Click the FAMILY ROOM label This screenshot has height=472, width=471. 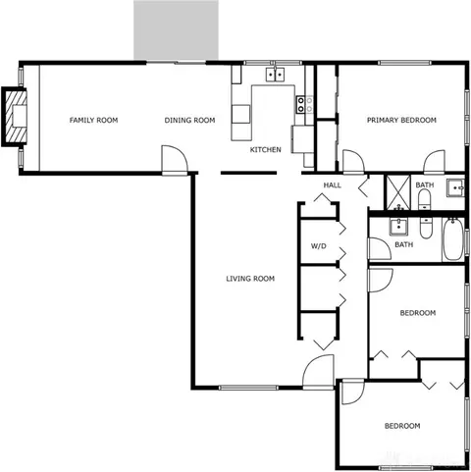click(x=93, y=120)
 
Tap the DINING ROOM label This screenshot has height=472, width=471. click(x=189, y=120)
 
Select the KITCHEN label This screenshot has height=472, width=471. click(x=265, y=149)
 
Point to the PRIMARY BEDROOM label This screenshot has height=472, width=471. click(x=401, y=120)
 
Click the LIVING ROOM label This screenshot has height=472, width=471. click(x=250, y=279)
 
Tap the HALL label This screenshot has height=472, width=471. click(x=333, y=185)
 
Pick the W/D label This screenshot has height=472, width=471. click(x=318, y=245)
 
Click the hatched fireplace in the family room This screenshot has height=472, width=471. click(x=15, y=117)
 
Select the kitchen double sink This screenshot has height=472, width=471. click(x=275, y=75)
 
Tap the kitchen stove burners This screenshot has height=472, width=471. click(x=301, y=105)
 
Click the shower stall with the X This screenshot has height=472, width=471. click(x=398, y=192)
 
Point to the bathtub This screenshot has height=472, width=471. click(x=453, y=239)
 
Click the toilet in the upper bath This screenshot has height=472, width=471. click(x=425, y=199)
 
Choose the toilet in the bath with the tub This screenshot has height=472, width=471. click(x=426, y=228)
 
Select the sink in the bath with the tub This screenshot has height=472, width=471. click(x=398, y=227)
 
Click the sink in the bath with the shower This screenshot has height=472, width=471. click(x=456, y=188)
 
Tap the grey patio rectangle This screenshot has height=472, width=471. click(x=176, y=30)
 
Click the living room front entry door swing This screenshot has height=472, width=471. click(x=318, y=372)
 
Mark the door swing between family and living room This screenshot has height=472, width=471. click(x=175, y=159)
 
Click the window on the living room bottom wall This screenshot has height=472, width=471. click(x=248, y=388)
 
